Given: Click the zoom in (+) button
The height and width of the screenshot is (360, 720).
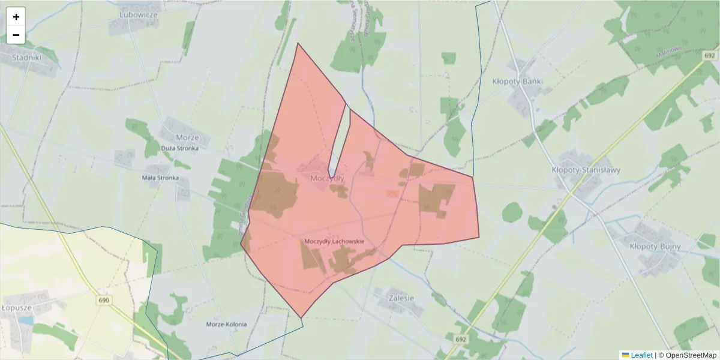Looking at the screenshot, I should point(16,17).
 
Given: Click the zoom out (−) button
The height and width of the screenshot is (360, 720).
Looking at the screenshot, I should point(16,35).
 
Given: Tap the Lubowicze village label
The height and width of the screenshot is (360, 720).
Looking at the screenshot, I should point(138,14).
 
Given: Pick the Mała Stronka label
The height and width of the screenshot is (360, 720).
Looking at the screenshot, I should point(160,178).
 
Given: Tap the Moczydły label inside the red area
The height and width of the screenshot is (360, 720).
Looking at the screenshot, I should point(328,178).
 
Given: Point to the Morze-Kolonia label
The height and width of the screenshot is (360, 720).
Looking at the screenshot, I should point(226,324).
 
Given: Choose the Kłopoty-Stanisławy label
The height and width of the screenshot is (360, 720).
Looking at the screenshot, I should point(586,170).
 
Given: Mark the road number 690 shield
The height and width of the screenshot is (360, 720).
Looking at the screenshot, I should point(104,299).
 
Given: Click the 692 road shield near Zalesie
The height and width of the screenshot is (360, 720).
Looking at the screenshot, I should point(460,339).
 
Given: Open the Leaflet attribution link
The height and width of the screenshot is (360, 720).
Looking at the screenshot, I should point(641,355).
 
